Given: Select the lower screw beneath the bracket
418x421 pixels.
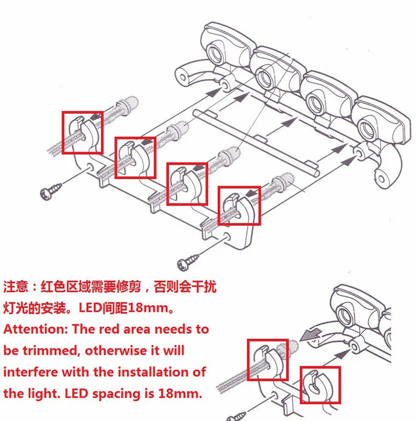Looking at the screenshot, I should pyautogui.click(x=188, y=260).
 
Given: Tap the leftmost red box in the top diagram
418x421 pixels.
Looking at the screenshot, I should pyautogui.click(x=83, y=132).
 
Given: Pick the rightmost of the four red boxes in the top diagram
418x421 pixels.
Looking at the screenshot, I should pyautogui.click(x=239, y=205).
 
